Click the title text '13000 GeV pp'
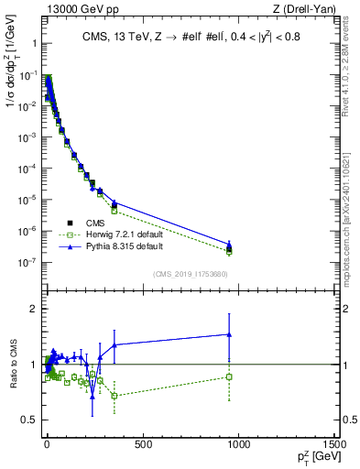pos(72,9)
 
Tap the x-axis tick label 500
pos(142,444)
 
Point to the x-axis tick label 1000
pos(239,444)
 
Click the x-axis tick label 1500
pos(335,444)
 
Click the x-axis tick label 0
pos(46,444)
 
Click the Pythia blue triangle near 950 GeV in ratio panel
pos(229,334)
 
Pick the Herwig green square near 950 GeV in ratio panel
pos(229,376)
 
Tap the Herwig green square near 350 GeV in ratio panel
pos(114,396)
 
